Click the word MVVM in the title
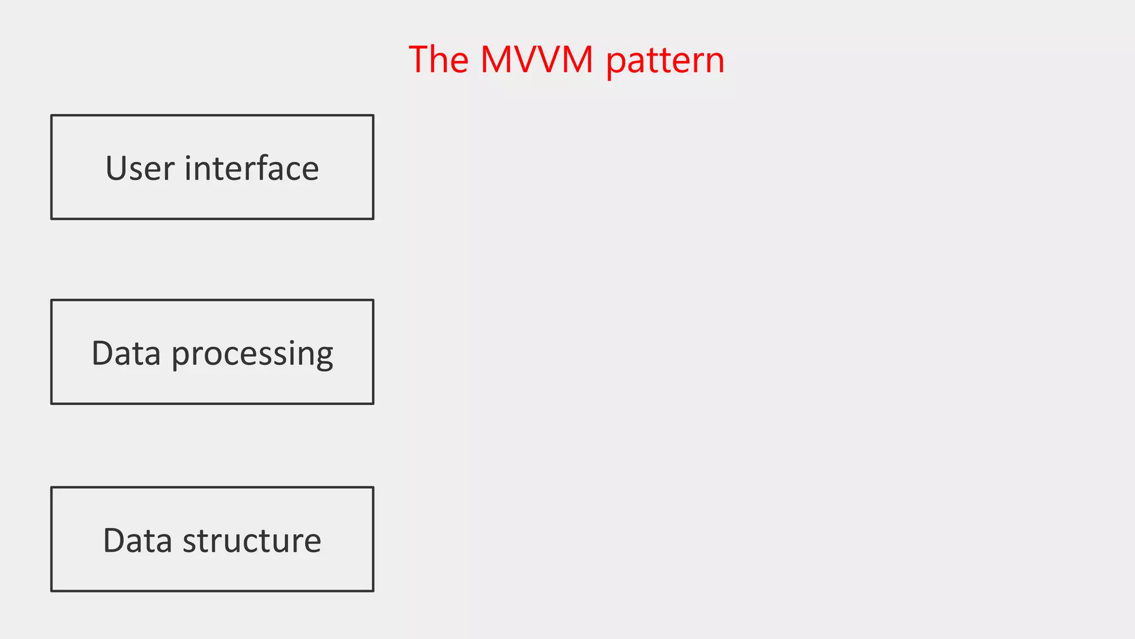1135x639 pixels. (536, 59)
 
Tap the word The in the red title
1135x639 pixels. (438, 59)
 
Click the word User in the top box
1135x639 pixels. (140, 168)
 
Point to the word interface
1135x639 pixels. (252, 168)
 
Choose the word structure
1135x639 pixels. (252, 540)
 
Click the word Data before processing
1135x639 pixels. (126, 353)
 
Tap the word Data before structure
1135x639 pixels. (137, 540)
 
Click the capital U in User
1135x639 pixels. (117, 169)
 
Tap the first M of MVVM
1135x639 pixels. (495, 59)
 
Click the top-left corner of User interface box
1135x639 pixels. (52, 115)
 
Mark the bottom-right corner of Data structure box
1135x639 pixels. (373, 591)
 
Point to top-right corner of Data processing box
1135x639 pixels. (373, 300)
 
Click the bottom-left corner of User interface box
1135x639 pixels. (52, 219)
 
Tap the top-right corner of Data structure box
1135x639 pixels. (373, 488)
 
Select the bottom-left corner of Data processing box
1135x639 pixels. (52, 403)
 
